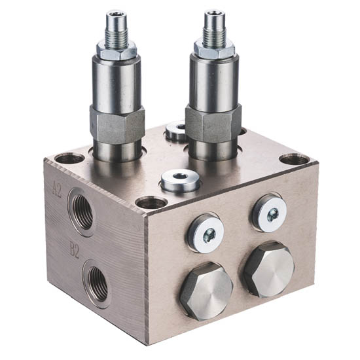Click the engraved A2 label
tap(57, 189)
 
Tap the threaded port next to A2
tap(82, 211)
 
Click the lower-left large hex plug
tap(206, 291)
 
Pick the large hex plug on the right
tap(269, 269)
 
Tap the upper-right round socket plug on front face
tap(270, 213)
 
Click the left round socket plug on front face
tap(206, 234)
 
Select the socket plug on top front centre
tap(181, 181)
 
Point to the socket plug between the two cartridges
tap(175, 130)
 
